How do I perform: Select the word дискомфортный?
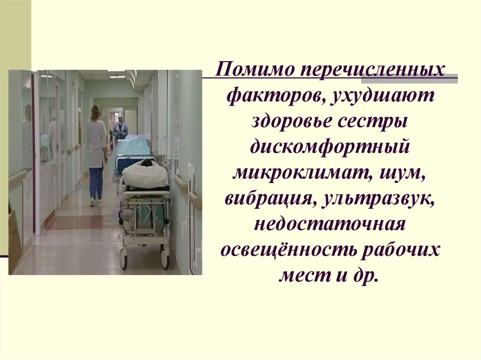pyautogui.click(x=330, y=147)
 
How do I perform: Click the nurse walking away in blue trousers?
pyautogui.click(x=96, y=155)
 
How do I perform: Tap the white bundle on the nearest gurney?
pyautogui.click(x=145, y=174)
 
